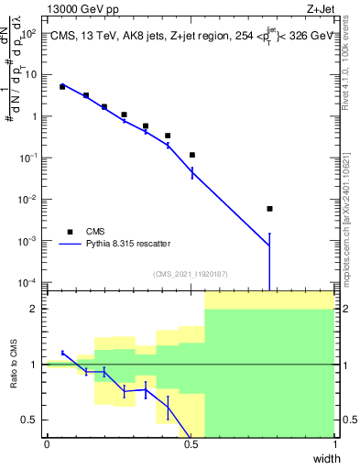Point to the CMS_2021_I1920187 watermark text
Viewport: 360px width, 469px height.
pos(189,274)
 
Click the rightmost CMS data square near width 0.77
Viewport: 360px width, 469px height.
pos(269,209)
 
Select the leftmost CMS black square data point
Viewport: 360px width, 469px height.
pos(62,87)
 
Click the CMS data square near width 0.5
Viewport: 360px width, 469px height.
pos(192,155)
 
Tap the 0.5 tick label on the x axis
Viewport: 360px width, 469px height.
pos(191,445)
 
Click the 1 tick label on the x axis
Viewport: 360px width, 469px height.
pos(335,445)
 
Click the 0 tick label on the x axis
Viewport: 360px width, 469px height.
pos(47,445)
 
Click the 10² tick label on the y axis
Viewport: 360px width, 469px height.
pos(30,34)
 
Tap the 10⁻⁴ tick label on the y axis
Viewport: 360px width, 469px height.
pos(30,281)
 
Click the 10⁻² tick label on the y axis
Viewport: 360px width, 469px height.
pos(30,199)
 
